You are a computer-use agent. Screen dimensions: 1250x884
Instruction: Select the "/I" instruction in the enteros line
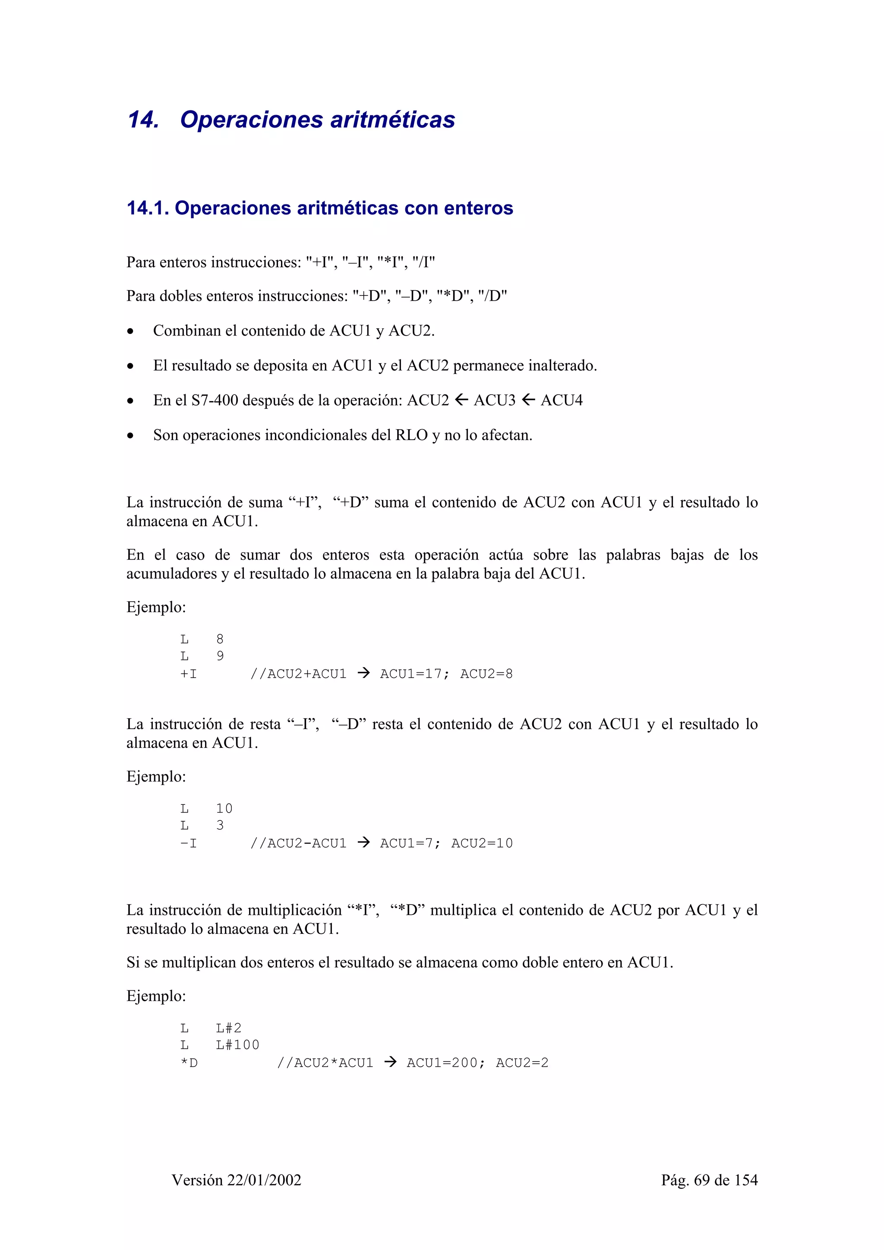coord(424,262)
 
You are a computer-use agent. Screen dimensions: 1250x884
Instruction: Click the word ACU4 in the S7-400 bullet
coord(562,401)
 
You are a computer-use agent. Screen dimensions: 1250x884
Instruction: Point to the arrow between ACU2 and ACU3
coord(461,401)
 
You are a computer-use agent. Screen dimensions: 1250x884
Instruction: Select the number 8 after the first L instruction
coord(220,639)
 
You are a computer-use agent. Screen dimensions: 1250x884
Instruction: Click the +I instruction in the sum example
coord(189,674)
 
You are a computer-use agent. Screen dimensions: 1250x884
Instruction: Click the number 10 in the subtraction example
coord(224,808)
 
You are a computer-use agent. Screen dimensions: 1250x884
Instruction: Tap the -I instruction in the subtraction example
coord(189,843)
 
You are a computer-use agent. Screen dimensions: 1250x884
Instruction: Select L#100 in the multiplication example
coord(237,1045)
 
